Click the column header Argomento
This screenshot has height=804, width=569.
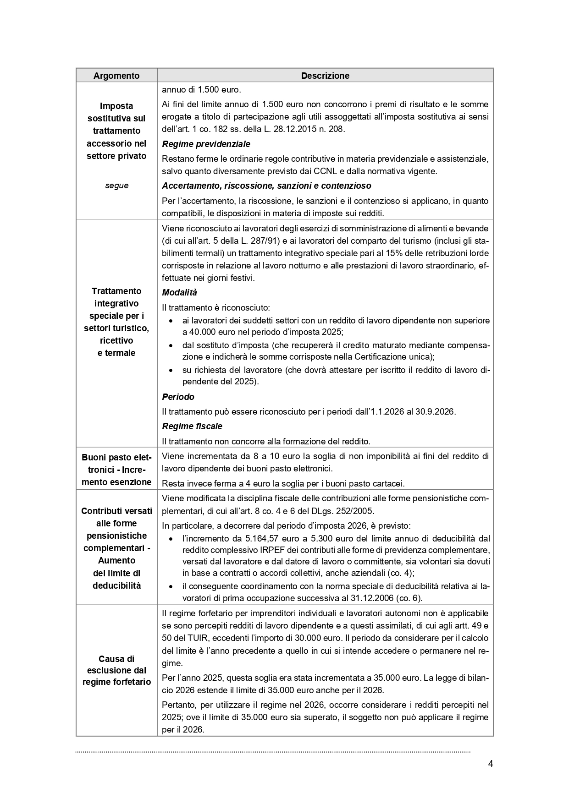(116, 76)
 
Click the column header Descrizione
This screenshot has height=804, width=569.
(325, 76)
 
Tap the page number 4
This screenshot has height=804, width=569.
(490, 764)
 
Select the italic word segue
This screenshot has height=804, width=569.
(116, 186)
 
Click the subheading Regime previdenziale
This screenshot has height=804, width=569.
(206, 144)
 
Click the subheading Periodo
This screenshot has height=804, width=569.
(178, 397)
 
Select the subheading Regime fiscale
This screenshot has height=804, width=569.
(192, 426)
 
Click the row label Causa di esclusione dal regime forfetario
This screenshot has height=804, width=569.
(116, 670)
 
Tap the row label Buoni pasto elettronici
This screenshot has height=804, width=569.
(116, 470)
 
